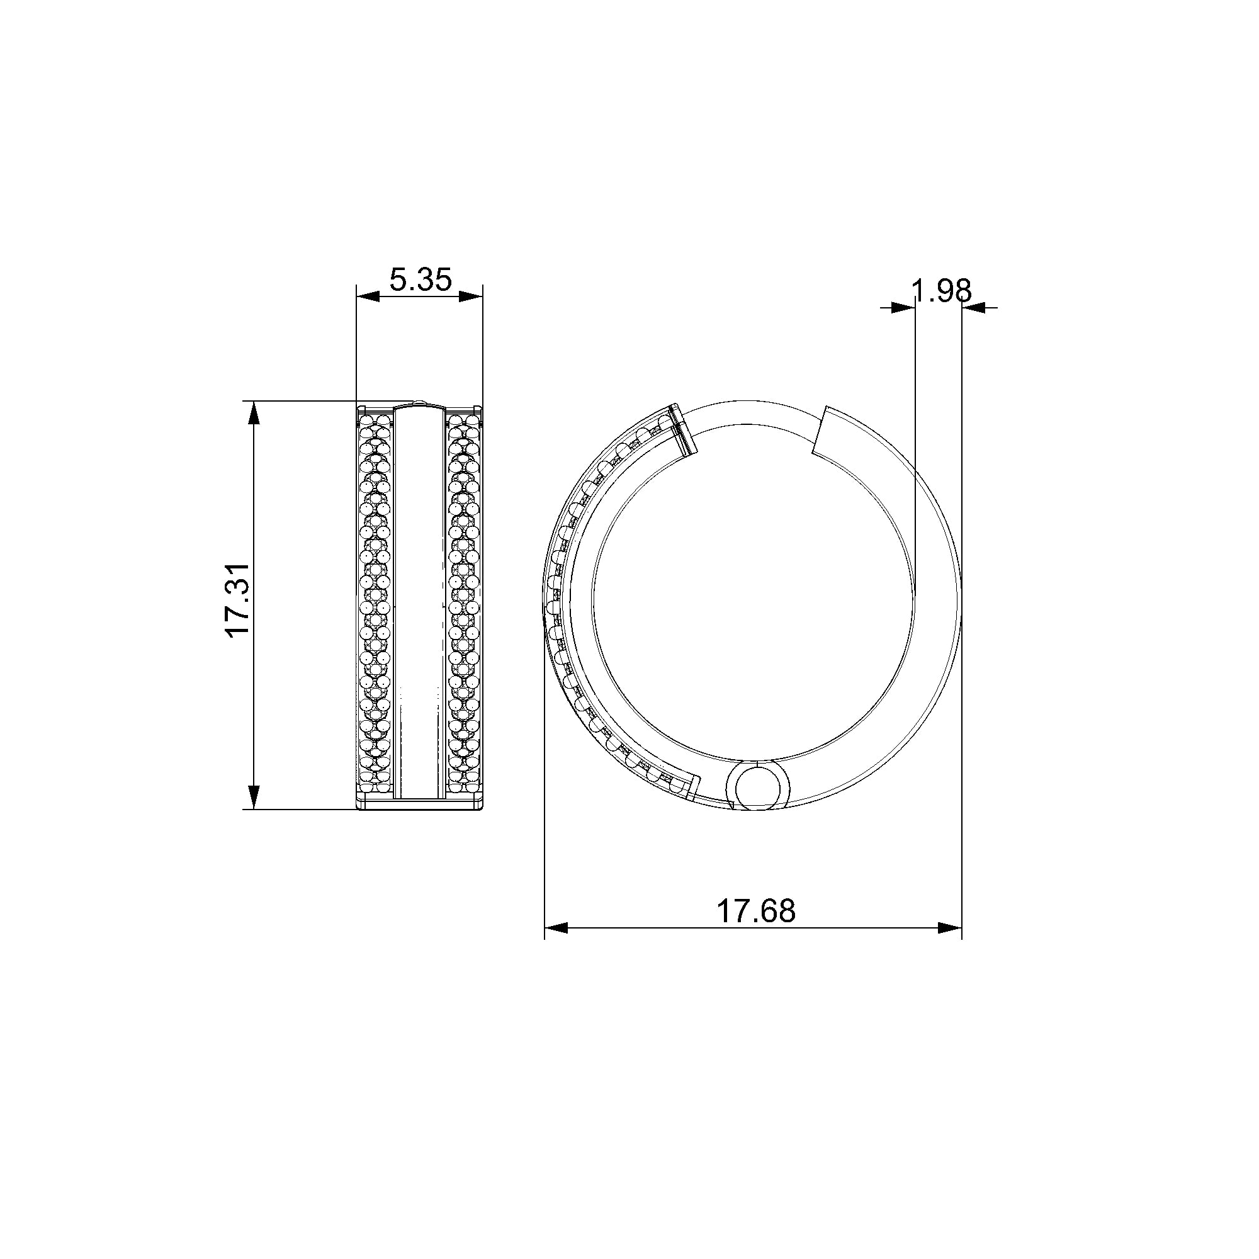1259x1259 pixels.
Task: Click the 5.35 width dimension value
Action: click(x=421, y=280)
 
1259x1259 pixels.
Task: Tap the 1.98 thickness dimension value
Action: click(x=942, y=291)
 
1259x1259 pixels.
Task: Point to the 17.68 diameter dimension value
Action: click(x=756, y=910)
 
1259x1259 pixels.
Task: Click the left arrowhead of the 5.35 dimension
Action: click(x=368, y=296)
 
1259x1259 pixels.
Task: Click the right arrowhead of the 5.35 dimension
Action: click(x=470, y=296)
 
